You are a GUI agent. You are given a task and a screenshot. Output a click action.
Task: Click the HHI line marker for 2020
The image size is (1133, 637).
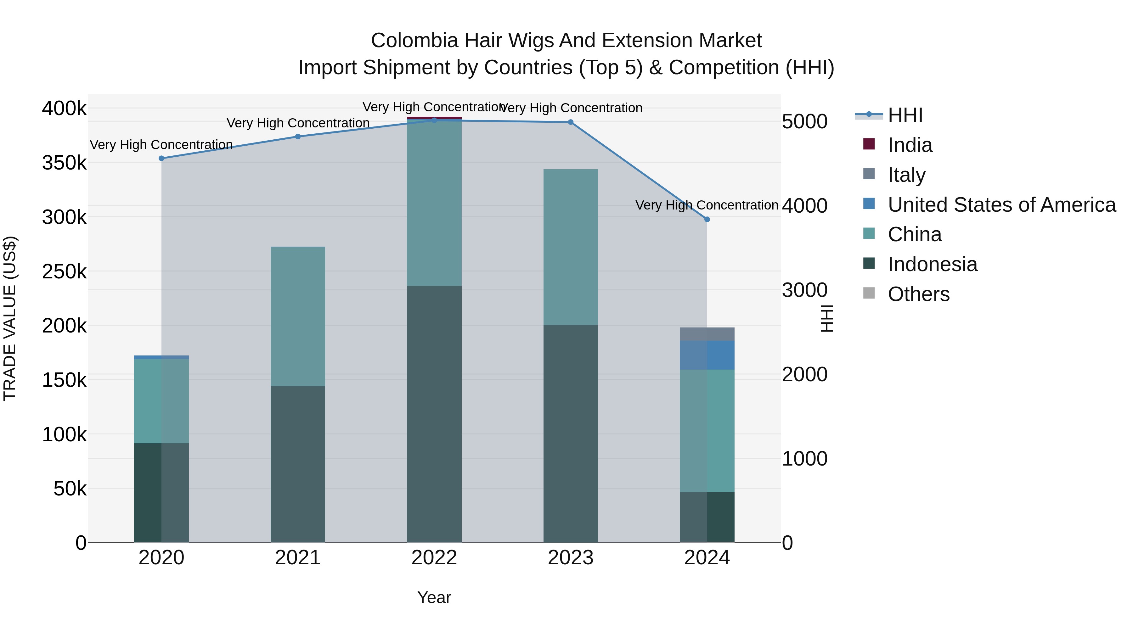click(161, 158)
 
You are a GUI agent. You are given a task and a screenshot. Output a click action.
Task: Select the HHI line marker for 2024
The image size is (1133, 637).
click(707, 219)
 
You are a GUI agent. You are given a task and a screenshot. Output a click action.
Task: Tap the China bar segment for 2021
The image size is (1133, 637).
click(298, 316)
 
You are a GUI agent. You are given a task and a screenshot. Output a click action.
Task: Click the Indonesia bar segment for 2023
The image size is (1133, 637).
click(571, 433)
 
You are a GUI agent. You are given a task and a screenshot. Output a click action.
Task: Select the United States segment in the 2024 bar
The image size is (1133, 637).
click(707, 355)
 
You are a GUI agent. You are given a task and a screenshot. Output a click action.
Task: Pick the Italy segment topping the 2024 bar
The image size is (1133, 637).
click(707, 334)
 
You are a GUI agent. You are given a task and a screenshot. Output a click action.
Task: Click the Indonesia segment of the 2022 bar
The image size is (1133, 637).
click(434, 413)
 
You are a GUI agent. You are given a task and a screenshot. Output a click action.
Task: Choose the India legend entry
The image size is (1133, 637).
click(909, 145)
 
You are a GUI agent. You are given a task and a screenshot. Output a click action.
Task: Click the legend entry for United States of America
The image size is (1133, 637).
click(1001, 205)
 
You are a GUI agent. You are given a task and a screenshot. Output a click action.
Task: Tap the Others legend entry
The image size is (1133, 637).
click(918, 294)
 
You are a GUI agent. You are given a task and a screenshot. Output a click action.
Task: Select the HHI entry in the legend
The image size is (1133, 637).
click(905, 115)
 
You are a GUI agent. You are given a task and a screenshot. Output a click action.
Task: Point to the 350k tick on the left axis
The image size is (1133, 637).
click(64, 163)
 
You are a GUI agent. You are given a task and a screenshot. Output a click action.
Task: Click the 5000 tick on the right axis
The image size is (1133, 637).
click(804, 122)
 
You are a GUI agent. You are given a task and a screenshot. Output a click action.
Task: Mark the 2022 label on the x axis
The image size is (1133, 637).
click(434, 558)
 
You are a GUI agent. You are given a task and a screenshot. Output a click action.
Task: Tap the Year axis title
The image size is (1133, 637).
click(434, 597)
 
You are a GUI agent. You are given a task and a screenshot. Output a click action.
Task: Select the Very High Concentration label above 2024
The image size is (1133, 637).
click(707, 205)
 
